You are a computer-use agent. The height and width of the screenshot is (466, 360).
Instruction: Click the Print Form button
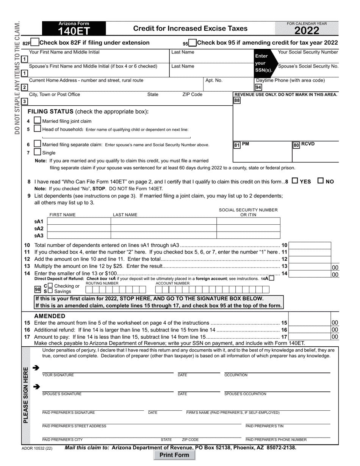point(174,455)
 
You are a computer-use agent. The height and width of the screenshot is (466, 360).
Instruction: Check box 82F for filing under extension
point(34,43)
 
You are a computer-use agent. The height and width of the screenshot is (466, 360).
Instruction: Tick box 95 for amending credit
point(192,43)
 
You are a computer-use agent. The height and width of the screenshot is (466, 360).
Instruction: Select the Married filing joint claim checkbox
point(38,120)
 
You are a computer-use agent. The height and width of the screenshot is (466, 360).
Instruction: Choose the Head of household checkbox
point(38,129)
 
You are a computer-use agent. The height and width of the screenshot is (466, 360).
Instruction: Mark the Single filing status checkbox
point(38,144)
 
